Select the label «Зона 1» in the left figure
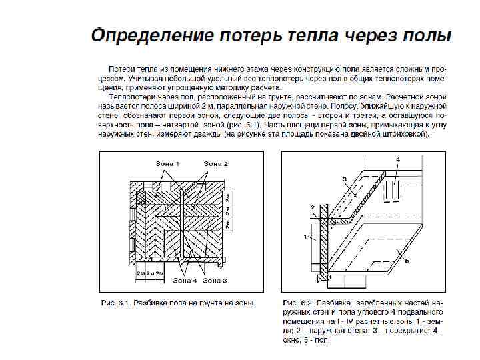tap(167, 163)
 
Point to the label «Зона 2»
tap(215, 163)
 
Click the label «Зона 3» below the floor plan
tap(215, 281)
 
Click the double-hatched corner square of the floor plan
tap(143, 197)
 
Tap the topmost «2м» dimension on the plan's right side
tap(228, 198)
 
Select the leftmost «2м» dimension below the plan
tap(141, 273)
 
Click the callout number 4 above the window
tap(398, 159)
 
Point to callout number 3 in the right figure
tap(345, 179)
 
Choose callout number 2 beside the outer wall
tap(312, 207)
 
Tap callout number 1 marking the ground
tap(305, 236)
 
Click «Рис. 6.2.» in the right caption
tap(296, 303)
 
